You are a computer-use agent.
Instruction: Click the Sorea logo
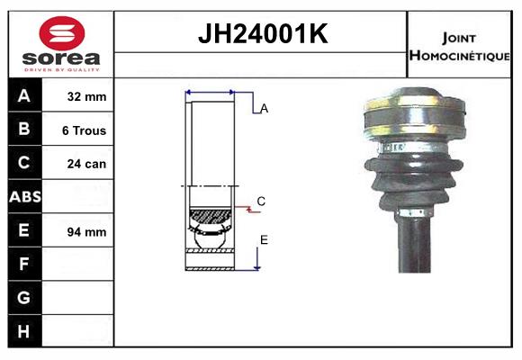(x=61, y=45)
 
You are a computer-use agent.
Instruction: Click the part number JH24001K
(x=262, y=34)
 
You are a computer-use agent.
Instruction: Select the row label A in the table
(x=24, y=96)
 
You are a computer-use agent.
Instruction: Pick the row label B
(x=24, y=130)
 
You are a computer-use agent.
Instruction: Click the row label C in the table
(x=24, y=163)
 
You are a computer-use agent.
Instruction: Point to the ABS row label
(x=24, y=196)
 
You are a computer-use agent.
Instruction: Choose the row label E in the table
(x=24, y=230)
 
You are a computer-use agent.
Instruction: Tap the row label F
(x=24, y=264)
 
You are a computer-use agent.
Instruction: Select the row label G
(x=24, y=297)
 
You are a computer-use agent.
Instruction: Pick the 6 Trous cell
(x=84, y=130)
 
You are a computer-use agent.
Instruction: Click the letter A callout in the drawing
(x=265, y=109)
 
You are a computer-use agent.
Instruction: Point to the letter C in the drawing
(x=261, y=202)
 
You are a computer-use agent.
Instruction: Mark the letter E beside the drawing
(x=264, y=239)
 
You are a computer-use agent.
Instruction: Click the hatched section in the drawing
(x=210, y=217)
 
